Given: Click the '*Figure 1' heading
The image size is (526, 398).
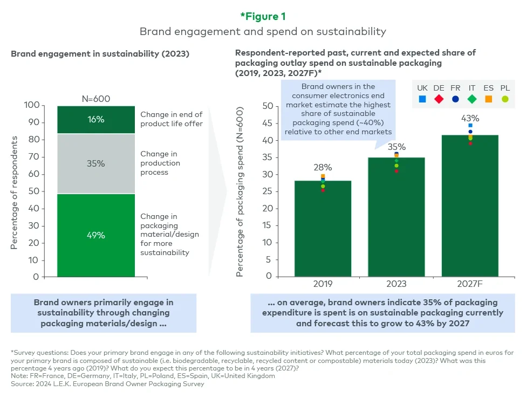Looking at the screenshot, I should click(x=263, y=16).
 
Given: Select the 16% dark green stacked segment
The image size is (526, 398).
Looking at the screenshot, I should click(x=96, y=119).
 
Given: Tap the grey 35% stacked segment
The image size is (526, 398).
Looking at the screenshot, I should click(x=96, y=163).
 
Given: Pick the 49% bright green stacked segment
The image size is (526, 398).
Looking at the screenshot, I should click(x=96, y=235).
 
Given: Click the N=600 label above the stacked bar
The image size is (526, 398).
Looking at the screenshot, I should click(x=96, y=99).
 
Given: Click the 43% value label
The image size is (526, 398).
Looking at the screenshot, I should click(x=470, y=118).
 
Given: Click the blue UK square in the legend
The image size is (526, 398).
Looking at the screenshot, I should click(x=422, y=99).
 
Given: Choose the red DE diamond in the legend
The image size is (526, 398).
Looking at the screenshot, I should click(x=439, y=99).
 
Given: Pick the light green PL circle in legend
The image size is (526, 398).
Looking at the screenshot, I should click(x=504, y=99).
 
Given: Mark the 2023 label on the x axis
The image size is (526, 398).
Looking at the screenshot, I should click(x=396, y=284).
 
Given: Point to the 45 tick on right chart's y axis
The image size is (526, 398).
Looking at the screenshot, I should click(x=267, y=123).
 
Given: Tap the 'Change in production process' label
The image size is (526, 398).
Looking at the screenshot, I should click(x=160, y=163).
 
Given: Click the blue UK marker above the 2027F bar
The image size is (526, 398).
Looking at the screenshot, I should click(x=470, y=126).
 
